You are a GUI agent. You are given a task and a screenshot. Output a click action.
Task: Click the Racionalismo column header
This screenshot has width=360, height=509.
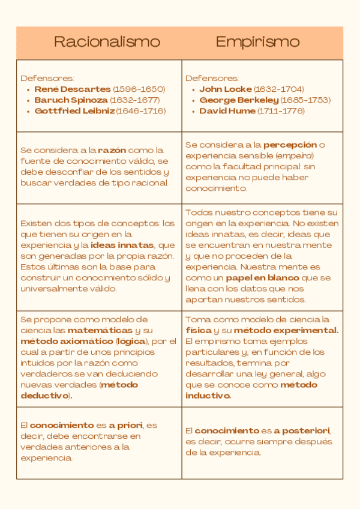point(107,41)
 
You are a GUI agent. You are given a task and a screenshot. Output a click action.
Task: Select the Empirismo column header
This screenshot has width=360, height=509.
point(257,41)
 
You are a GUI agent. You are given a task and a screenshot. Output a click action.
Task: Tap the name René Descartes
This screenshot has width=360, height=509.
point(73,89)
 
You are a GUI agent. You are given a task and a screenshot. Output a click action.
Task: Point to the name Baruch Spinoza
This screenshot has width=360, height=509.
point(71,100)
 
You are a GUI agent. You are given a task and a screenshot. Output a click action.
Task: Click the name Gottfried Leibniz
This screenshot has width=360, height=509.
point(74,110)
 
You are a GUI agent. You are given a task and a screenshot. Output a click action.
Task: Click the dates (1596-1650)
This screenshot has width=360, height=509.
point(139,89)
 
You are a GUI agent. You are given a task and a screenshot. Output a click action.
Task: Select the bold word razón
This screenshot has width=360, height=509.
point(112,149)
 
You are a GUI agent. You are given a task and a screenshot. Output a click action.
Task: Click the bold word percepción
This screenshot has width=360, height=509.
point(290,145)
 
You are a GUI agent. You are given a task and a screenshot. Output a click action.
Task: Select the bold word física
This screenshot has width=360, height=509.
point(199,330)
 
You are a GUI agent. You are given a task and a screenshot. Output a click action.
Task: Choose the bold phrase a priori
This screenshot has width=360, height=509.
point(125,425)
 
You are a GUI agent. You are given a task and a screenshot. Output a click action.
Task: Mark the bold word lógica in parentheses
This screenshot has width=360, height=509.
point(139,341)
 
